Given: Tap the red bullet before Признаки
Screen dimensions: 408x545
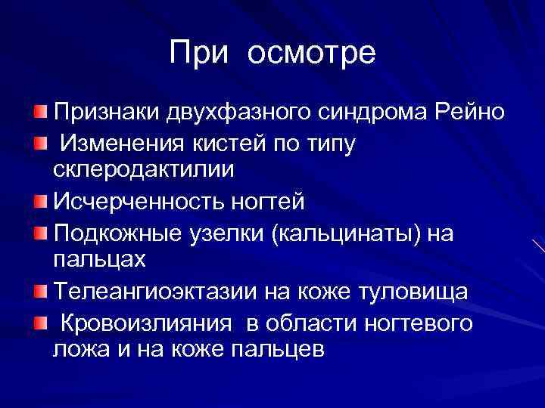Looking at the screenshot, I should pos(39,113).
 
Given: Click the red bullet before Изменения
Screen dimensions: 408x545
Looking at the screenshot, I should pos(39,142).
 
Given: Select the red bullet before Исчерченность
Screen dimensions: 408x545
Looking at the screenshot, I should pos(39,202).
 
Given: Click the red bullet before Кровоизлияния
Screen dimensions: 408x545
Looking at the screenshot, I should pos(39,323).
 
